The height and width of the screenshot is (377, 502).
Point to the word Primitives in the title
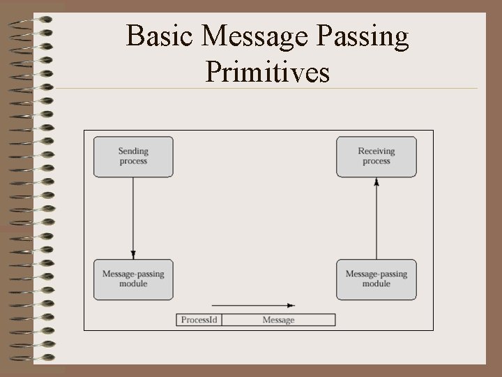268,72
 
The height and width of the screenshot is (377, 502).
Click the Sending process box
133,156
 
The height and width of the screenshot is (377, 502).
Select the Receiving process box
376,156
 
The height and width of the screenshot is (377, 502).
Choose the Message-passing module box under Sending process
133,279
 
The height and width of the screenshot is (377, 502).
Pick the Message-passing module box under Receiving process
376,279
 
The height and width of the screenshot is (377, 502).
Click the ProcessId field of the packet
200,320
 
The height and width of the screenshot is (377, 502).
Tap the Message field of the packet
278,320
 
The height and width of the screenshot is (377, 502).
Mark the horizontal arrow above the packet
251,305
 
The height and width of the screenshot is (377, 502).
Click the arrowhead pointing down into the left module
133,255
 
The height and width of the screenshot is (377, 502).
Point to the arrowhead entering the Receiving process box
376,182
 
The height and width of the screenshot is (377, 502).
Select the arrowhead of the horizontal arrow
291,305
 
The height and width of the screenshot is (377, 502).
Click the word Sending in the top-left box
133,151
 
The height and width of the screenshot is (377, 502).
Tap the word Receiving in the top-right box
376,151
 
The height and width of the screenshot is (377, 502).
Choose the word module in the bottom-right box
376,284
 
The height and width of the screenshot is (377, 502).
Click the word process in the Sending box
133,161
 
